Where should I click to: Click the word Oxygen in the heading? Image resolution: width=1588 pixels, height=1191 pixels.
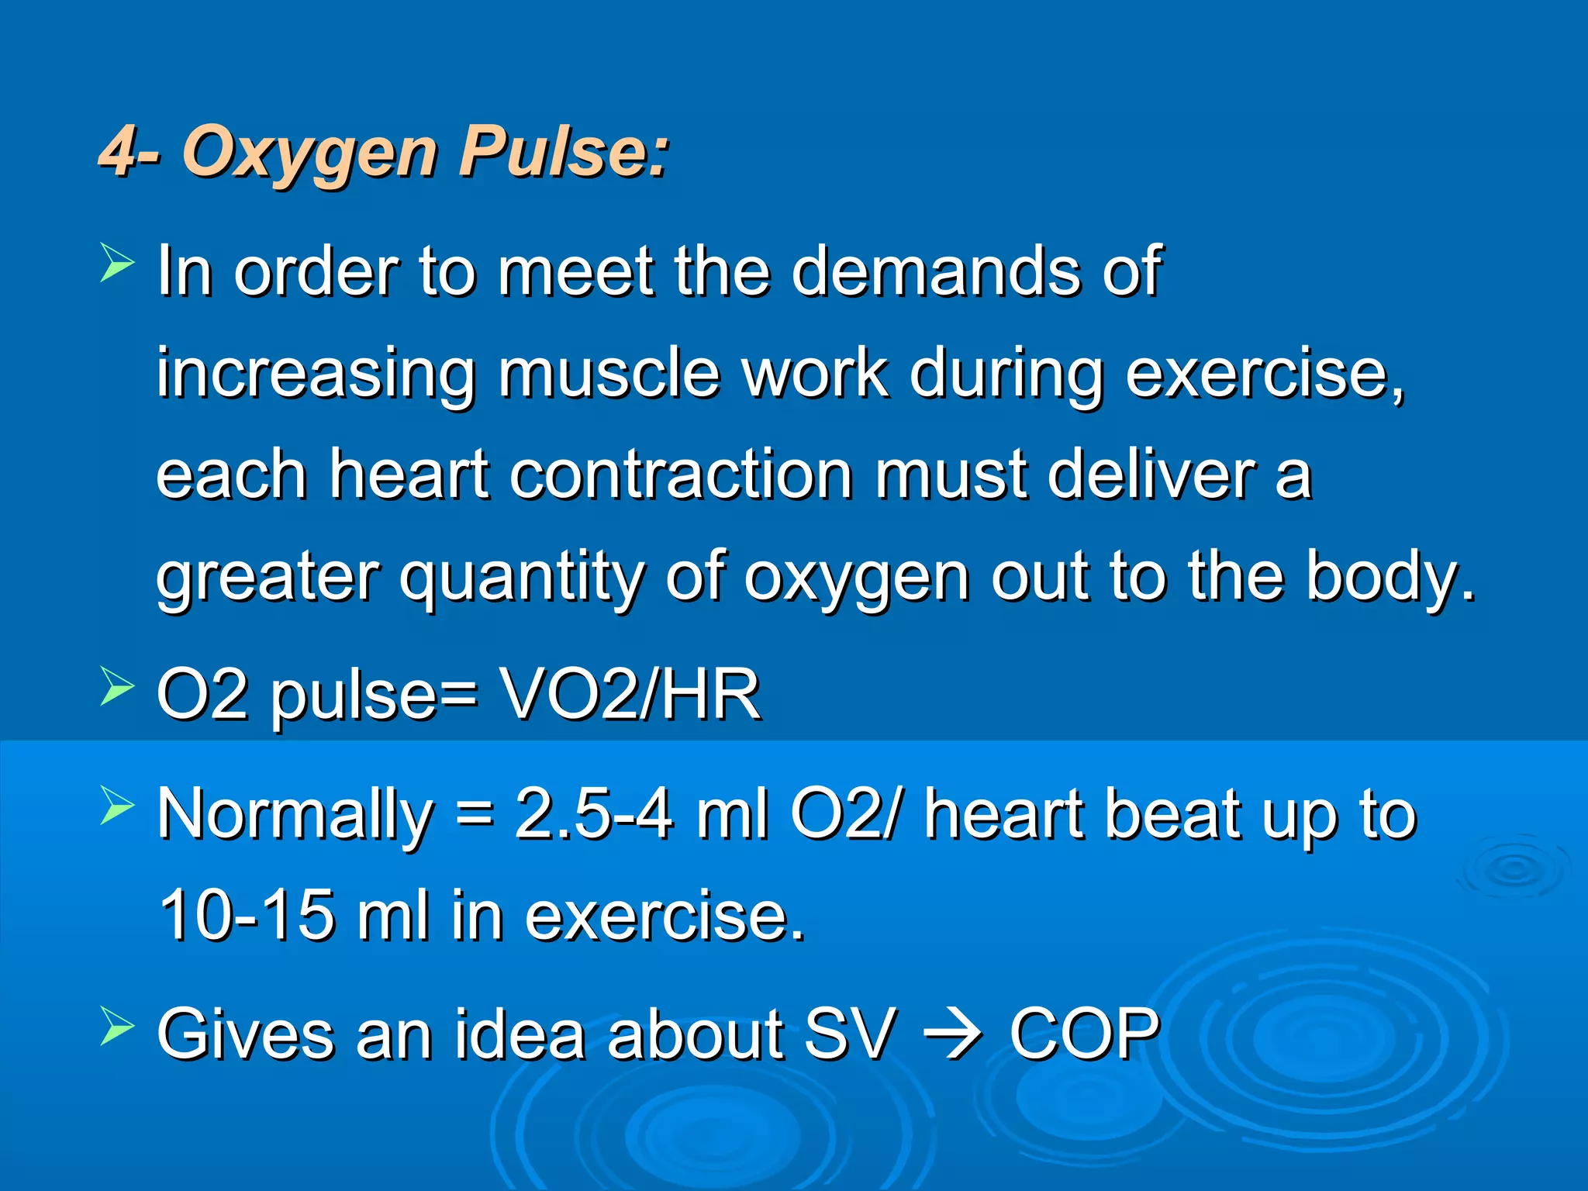(310, 153)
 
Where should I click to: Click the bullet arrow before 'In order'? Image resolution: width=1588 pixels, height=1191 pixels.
(117, 263)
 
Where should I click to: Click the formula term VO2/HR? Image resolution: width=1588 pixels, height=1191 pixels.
(630, 694)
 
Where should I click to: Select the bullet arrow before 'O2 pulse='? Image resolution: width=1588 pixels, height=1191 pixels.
(117, 687)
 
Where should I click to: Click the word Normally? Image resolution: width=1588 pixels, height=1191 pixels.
(295, 816)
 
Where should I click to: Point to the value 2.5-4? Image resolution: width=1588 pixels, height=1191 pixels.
(594, 814)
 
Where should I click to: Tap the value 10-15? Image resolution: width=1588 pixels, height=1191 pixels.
(247, 916)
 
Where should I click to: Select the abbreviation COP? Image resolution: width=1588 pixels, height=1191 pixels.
(1085, 1034)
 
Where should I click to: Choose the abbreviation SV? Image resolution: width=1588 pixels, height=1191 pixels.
(851, 1034)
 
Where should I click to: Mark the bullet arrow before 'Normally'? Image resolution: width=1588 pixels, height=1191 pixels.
(117, 806)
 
